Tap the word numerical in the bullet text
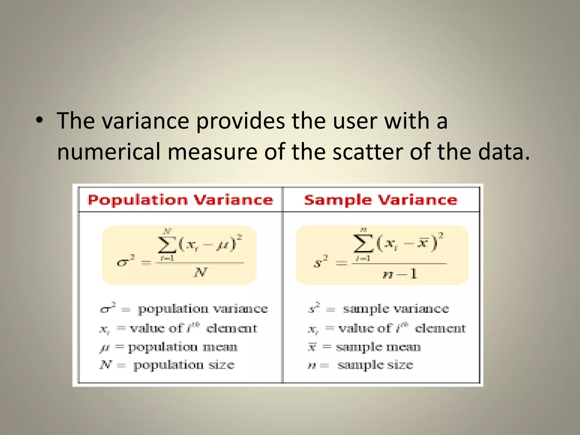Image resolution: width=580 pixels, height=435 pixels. coord(109,152)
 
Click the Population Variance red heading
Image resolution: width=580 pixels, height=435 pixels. coord(180,200)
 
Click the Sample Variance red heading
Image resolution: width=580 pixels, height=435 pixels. coord(381,200)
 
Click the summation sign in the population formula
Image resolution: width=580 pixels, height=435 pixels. coord(167,244)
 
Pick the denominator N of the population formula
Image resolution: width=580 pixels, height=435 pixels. coord(201,272)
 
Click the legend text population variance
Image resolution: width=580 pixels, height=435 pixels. coord(202,309)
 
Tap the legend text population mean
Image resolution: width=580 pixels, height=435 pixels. coord(182,347)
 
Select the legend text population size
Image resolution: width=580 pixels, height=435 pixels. coord(184,365)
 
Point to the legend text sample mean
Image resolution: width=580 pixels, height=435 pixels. coord(378,347)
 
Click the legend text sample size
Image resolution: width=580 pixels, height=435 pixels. coord(375,365)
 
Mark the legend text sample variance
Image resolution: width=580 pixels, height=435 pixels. coord(396,309)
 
